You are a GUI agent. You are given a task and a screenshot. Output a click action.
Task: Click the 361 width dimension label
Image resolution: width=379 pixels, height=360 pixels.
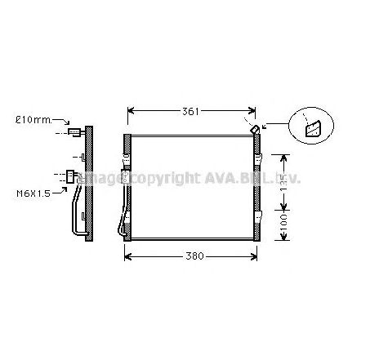pos(190,111)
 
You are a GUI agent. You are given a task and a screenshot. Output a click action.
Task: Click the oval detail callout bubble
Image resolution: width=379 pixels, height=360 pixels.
pos(312,127)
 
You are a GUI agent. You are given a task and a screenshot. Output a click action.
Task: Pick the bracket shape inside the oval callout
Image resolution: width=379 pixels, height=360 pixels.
pos(313,128)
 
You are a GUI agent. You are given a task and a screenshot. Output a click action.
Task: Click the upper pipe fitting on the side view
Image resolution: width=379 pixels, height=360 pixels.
pos(76,134)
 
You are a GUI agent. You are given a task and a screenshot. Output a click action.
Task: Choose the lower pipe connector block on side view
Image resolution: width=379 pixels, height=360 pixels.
pos(72,173)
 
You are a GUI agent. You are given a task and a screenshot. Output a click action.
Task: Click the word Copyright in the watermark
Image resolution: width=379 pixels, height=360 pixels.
pos(163,178)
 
